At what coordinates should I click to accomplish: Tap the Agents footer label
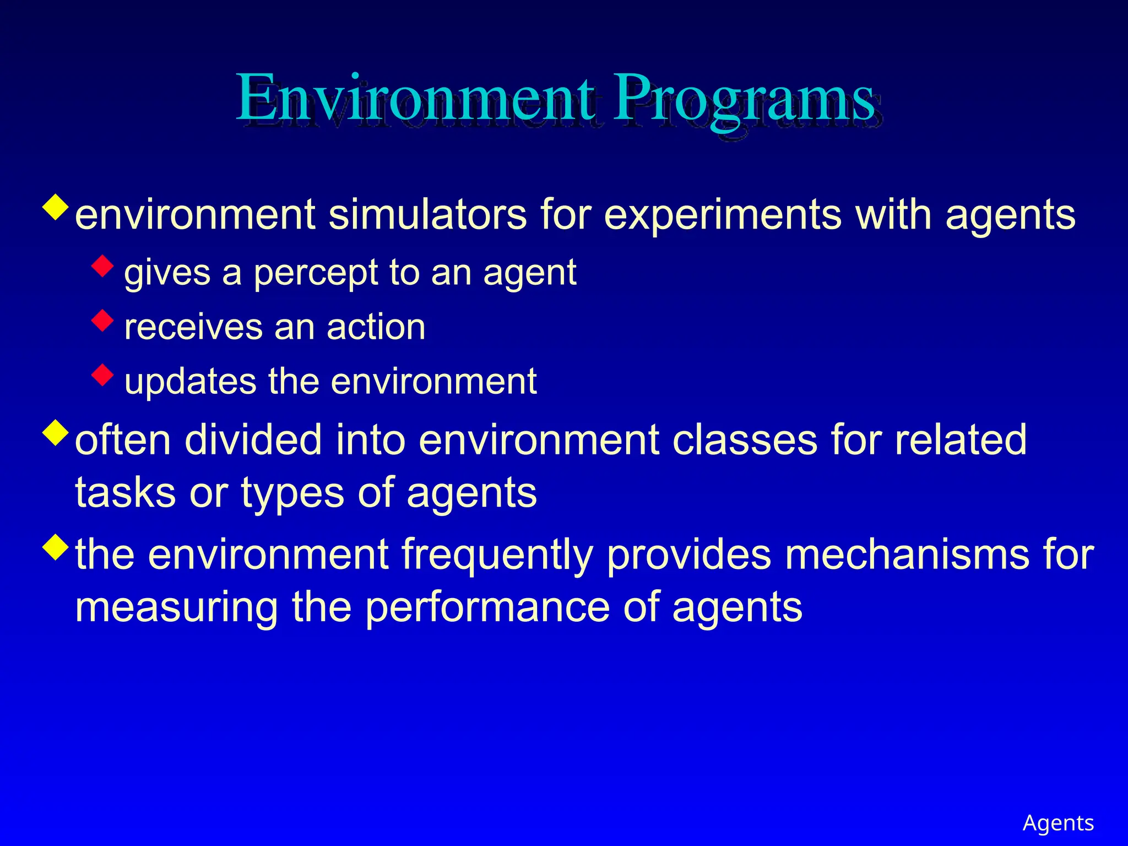click(x=1057, y=823)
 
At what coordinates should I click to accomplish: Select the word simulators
click(x=427, y=215)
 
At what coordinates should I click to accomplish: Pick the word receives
click(x=193, y=327)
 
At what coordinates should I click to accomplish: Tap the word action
click(x=376, y=327)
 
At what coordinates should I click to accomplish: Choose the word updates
click(x=191, y=382)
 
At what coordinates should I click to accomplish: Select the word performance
click(x=487, y=608)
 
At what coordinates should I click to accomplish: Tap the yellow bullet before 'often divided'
click(x=56, y=432)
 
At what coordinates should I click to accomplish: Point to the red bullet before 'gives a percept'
click(x=103, y=265)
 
